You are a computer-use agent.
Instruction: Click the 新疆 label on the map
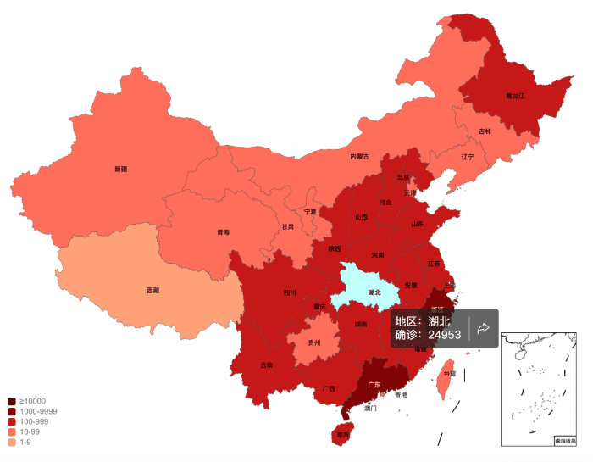pyautogui.click(x=121, y=169)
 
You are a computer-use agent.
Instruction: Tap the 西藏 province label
pyautogui.click(x=152, y=291)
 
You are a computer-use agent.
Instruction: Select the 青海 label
pyautogui.click(x=223, y=231)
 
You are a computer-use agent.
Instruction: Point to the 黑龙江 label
pyautogui.click(x=515, y=97)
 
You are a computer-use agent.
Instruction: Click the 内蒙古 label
pyautogui.click(x=359, y=156)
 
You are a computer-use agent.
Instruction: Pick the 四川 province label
pyautogui.click(x=290, y=293)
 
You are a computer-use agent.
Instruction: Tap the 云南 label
pyautogui.click(x=267, y=365)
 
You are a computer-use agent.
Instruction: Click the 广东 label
pyautogui.click(x=374, y=384)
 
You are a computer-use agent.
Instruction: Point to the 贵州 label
pyautogui.click(x=314, y=342)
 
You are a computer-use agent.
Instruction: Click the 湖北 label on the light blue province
pyautogui.click(x=374, y=293)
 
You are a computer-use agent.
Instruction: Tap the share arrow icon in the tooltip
pyautogui.click(x=484, y=328)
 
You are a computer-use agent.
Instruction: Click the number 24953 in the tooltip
pyautogui.click(x=444, y=335)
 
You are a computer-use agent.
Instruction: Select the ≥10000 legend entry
pyautogui.click(x=26, y=401)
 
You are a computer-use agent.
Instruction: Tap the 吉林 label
pyautogui.click(x=485, y=131)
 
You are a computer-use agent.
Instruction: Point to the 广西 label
pyautogui.click(x=329, y=389)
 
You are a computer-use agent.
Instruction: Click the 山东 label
pyautogui.click(x=417, y=225)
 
